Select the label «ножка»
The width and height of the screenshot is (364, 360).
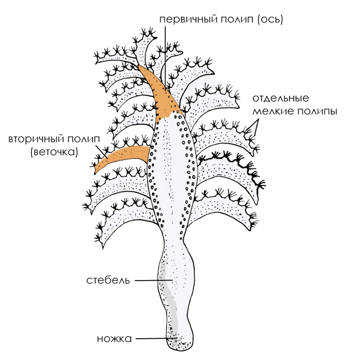click(114, 339)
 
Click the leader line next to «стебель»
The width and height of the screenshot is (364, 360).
click(154, 281)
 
